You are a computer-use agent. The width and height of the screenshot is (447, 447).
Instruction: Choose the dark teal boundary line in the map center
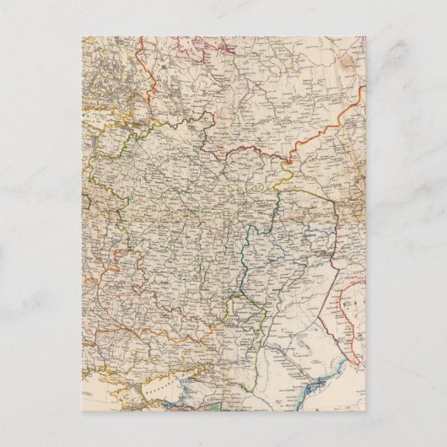[x=245, y=253]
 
